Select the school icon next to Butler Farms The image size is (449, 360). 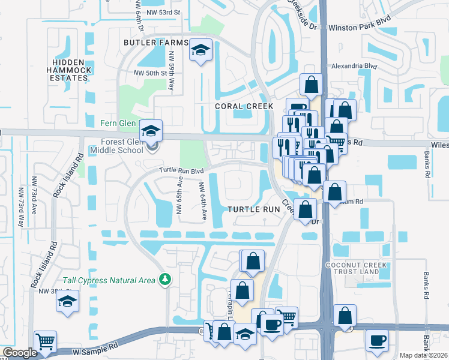(x=200, y=50)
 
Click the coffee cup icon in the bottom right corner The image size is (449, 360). (x=378, y=341)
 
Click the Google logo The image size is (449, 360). (x=19, y=353)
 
